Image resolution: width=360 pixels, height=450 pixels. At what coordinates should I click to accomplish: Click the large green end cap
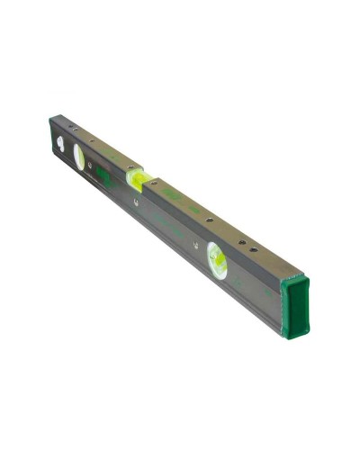pos(294,305)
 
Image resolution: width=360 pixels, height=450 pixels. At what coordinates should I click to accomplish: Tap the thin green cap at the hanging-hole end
pos(51,133)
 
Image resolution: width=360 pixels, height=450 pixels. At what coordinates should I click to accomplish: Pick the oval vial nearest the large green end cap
pos(216,259)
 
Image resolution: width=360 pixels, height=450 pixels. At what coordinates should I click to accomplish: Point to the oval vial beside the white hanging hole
pos(79,157)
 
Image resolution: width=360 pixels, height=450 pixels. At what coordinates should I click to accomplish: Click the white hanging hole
pos(60,142)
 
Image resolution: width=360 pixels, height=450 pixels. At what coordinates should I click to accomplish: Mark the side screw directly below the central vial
pos(135,202)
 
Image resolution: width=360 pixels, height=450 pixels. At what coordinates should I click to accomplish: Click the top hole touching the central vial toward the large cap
pos(153,183)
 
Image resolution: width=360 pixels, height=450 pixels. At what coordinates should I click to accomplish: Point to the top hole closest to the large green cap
pos(255,249)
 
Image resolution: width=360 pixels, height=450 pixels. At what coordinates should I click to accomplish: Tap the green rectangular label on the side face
pos(105,176)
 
